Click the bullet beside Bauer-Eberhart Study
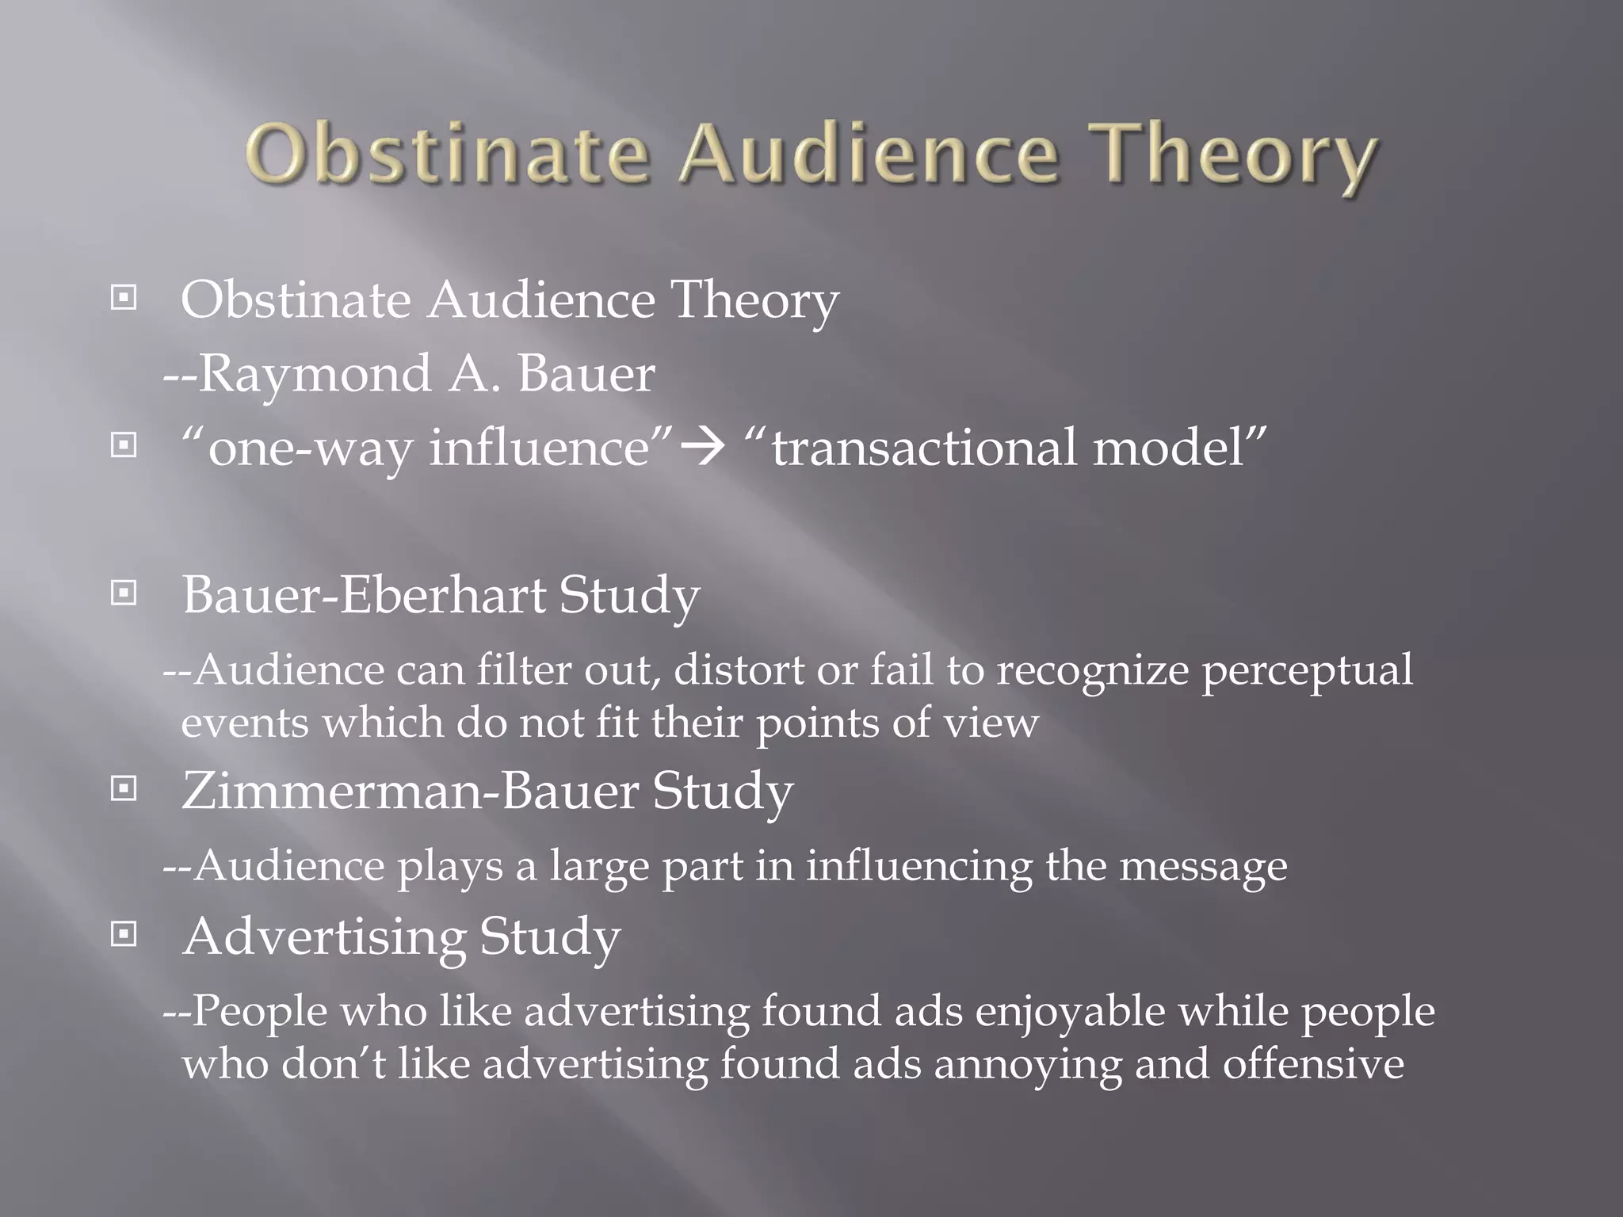pyautogui.click(x=124, y=593)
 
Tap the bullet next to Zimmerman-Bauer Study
pyautogui.click(x=124, y=788)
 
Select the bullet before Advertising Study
pyautogui.click(x=124, y=935)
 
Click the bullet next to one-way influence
pyautogui.click(x=124, y=446)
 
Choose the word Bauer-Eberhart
pyautogui.click(x=364, y=595)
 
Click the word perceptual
pyautogui.click(x=1307, y=672)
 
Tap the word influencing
pyautogui.click(x=918, y=866)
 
